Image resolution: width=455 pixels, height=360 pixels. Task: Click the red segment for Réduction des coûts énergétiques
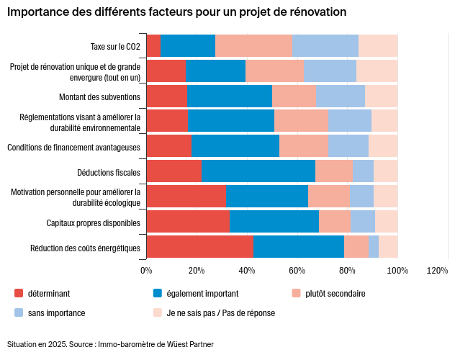click(x=199, y=247)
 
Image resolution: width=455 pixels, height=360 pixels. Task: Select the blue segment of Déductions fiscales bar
click(x=258, y=171)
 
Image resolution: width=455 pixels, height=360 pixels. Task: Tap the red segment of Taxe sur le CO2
click(x=153, y=45)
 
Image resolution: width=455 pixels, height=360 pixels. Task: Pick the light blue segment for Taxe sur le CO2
click(x=325, y=45)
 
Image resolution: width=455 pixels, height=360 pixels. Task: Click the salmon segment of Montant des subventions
click(x=294, y=96)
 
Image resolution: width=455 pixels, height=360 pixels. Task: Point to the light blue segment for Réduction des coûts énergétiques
click(x=373, y=247)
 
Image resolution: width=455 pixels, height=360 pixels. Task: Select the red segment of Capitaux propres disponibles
click(x=187, y=222)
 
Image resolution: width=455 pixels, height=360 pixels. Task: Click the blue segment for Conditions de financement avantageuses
click(x=235, y=146)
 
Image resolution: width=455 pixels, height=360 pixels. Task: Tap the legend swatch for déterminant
click(x=19, y=294)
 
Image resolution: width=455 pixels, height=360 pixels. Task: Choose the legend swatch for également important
click(x=158, y=294)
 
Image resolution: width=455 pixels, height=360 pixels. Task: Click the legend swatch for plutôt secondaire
click(x=296, y=294)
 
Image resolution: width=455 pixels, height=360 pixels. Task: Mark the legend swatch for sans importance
click(x=19, y=313)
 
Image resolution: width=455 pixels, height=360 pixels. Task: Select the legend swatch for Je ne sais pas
click(x=158, y=313)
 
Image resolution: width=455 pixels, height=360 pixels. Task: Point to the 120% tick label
click(x=437, y=270)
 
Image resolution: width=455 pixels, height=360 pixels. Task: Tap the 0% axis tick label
click(x=146, y=270)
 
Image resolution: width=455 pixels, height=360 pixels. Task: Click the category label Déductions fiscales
click(x=109, y=172)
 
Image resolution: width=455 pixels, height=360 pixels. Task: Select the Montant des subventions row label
click(x=99, y=96)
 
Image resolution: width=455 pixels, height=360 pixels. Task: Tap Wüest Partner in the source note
click(x=190, y=344)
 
